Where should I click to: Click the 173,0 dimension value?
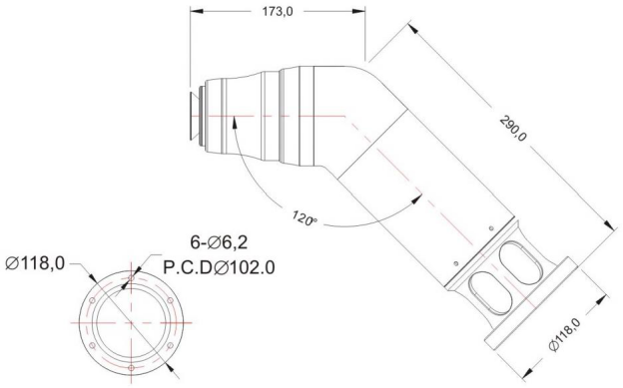[x=278, y=12]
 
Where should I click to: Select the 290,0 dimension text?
[x=513, y=128]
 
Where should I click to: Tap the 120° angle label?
[x=305, y=218]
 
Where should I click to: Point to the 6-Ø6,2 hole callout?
[x=219, y=242]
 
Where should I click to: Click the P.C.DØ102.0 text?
[x=219, y=267]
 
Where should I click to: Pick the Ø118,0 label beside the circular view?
[x=35, y=263]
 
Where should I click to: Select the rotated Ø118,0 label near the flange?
[x=565, y=334]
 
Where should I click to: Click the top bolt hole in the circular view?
[x=131, y=278]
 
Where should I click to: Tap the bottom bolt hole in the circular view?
[x=131, y=368]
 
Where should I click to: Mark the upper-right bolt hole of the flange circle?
[x=170, y=300]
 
